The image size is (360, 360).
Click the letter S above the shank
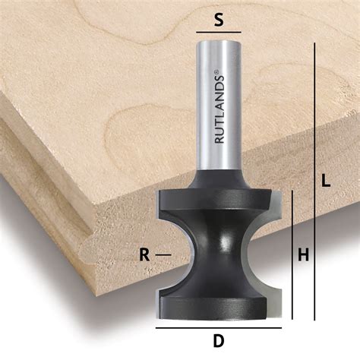(219, 21)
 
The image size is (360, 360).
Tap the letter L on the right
(325, 182)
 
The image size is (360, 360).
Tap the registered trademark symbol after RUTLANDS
(218, 72)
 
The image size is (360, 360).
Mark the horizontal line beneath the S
(219, 33)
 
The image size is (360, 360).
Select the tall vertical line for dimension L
(313, 182)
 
